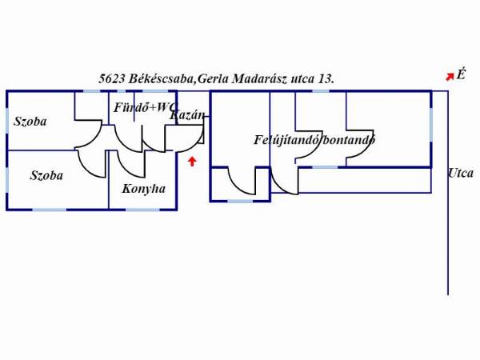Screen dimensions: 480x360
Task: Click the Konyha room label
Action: tap(143, 189)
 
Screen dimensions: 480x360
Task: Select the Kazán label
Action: tap(187, 115)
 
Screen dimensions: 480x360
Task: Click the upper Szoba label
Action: tap(30, 122)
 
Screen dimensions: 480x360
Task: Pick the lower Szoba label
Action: tap(46, 175)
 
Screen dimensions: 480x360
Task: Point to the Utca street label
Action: tap(461, 174)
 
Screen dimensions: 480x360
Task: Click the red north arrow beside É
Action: tap(450, 77)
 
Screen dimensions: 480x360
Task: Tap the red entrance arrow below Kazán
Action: tap(192, 162)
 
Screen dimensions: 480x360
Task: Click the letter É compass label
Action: tap(461, 74)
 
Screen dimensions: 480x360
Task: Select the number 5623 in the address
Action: tap(112, 79)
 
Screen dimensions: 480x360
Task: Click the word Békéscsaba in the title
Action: tap(161, 79)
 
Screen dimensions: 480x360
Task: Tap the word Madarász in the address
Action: tap(259, 79)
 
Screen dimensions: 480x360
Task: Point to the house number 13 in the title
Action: tap(325, 79)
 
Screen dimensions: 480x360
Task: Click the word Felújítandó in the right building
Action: tap(286, 140)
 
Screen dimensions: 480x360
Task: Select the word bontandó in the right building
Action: tap(349, 140)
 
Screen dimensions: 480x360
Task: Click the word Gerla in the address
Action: tap(213, 79)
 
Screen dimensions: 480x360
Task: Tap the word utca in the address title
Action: tap(302, 79)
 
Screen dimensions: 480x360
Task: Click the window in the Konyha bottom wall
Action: tap(142, 210)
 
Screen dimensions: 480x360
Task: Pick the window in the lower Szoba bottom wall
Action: tap(50, 210)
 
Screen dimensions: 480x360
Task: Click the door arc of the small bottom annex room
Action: tap(238, 186)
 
